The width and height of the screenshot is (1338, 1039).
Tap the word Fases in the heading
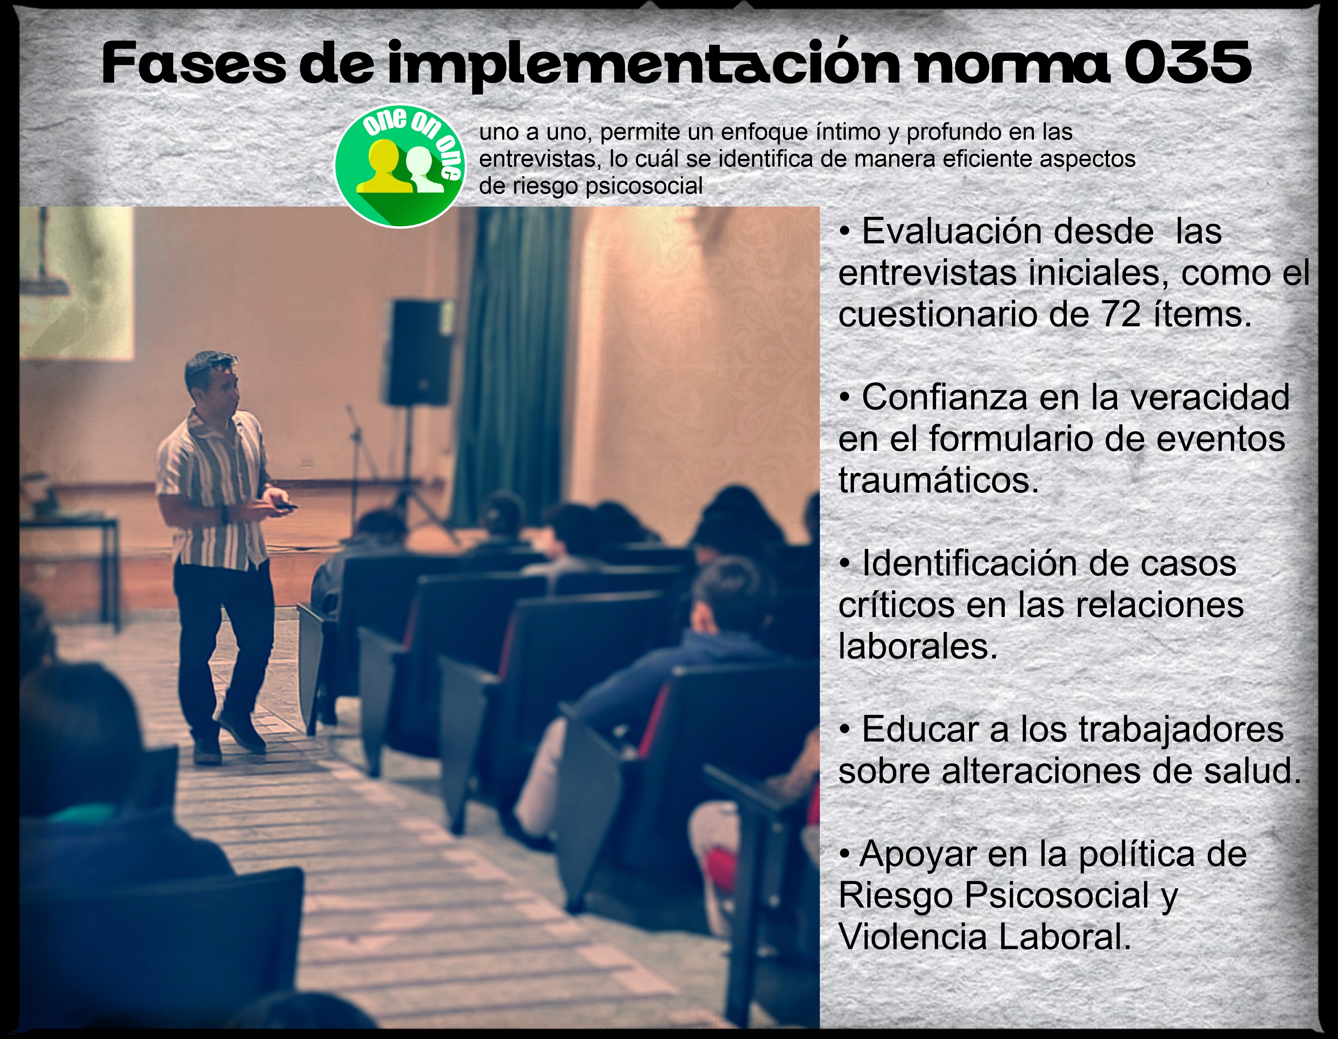pos(193,64)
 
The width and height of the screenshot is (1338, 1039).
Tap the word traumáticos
pos(939,480)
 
